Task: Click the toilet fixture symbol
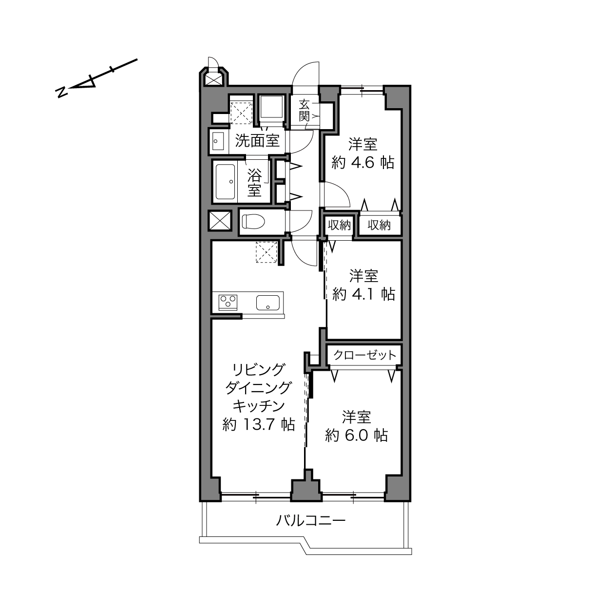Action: pyautogui.click(x=253, y=221)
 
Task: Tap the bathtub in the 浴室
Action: pyautogui.click(x=225, y=182)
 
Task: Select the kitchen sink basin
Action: pyautogui.click(x=268, y=302)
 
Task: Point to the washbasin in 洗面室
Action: pyautogui.click(x=218, y=141)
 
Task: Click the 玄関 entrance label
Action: pyautogui.click(x=304, y=111)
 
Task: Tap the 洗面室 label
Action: pyautogui.click(x=257, y=141)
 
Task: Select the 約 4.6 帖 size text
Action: pyautogui.click(x=363, y=163)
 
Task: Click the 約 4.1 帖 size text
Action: pyautogui.click(x=364, y=294)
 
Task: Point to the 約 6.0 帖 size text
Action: pyautogui.click(x=357, y=435)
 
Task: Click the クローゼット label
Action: pyautogui.click(x=364, y=355)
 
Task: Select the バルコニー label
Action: pyautogui.click(x=311, y=529)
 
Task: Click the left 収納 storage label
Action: pyautogui.click(x=339, y=225)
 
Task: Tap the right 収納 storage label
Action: pyautogui.click(x=379, y=225)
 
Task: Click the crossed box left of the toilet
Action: pyautogui.click(x=220, y=220)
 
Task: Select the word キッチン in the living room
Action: pyautogui.click(x=259, y=406)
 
